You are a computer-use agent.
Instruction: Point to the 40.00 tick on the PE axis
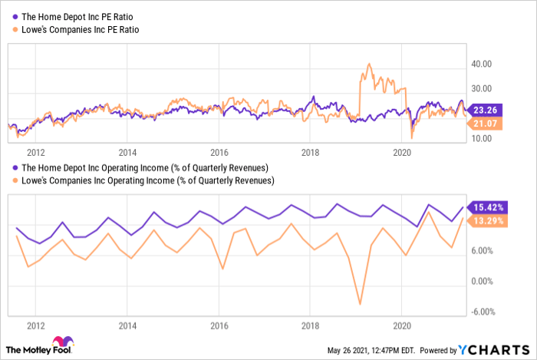(x=482, y=64)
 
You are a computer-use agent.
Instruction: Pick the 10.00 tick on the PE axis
(x=482, y=138)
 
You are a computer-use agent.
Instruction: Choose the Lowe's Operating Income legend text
(x=147, y=180)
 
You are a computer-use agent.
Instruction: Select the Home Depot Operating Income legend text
(x=143, y=167)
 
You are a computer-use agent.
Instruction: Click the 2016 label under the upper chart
(x=219, y=151)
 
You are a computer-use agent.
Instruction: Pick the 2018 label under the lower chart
(x=309, y=325)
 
